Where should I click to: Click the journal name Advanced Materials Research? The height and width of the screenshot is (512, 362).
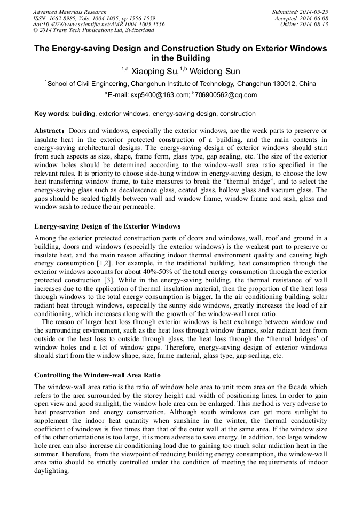[x=69, y=12]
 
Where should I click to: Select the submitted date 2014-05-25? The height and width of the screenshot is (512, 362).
[x=314, y=12]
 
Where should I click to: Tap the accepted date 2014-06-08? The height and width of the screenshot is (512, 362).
[x=314, y=18]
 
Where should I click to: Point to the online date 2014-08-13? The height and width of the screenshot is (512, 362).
[x=314, y=25]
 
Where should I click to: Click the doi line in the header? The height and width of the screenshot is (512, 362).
[x=99, y=25]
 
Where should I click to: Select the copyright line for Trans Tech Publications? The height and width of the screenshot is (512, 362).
[x=93, y=31]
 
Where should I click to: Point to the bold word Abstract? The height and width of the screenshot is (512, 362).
[x=48, y=131]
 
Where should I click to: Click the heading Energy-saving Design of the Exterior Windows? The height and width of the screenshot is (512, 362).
[x=107, y=226]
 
